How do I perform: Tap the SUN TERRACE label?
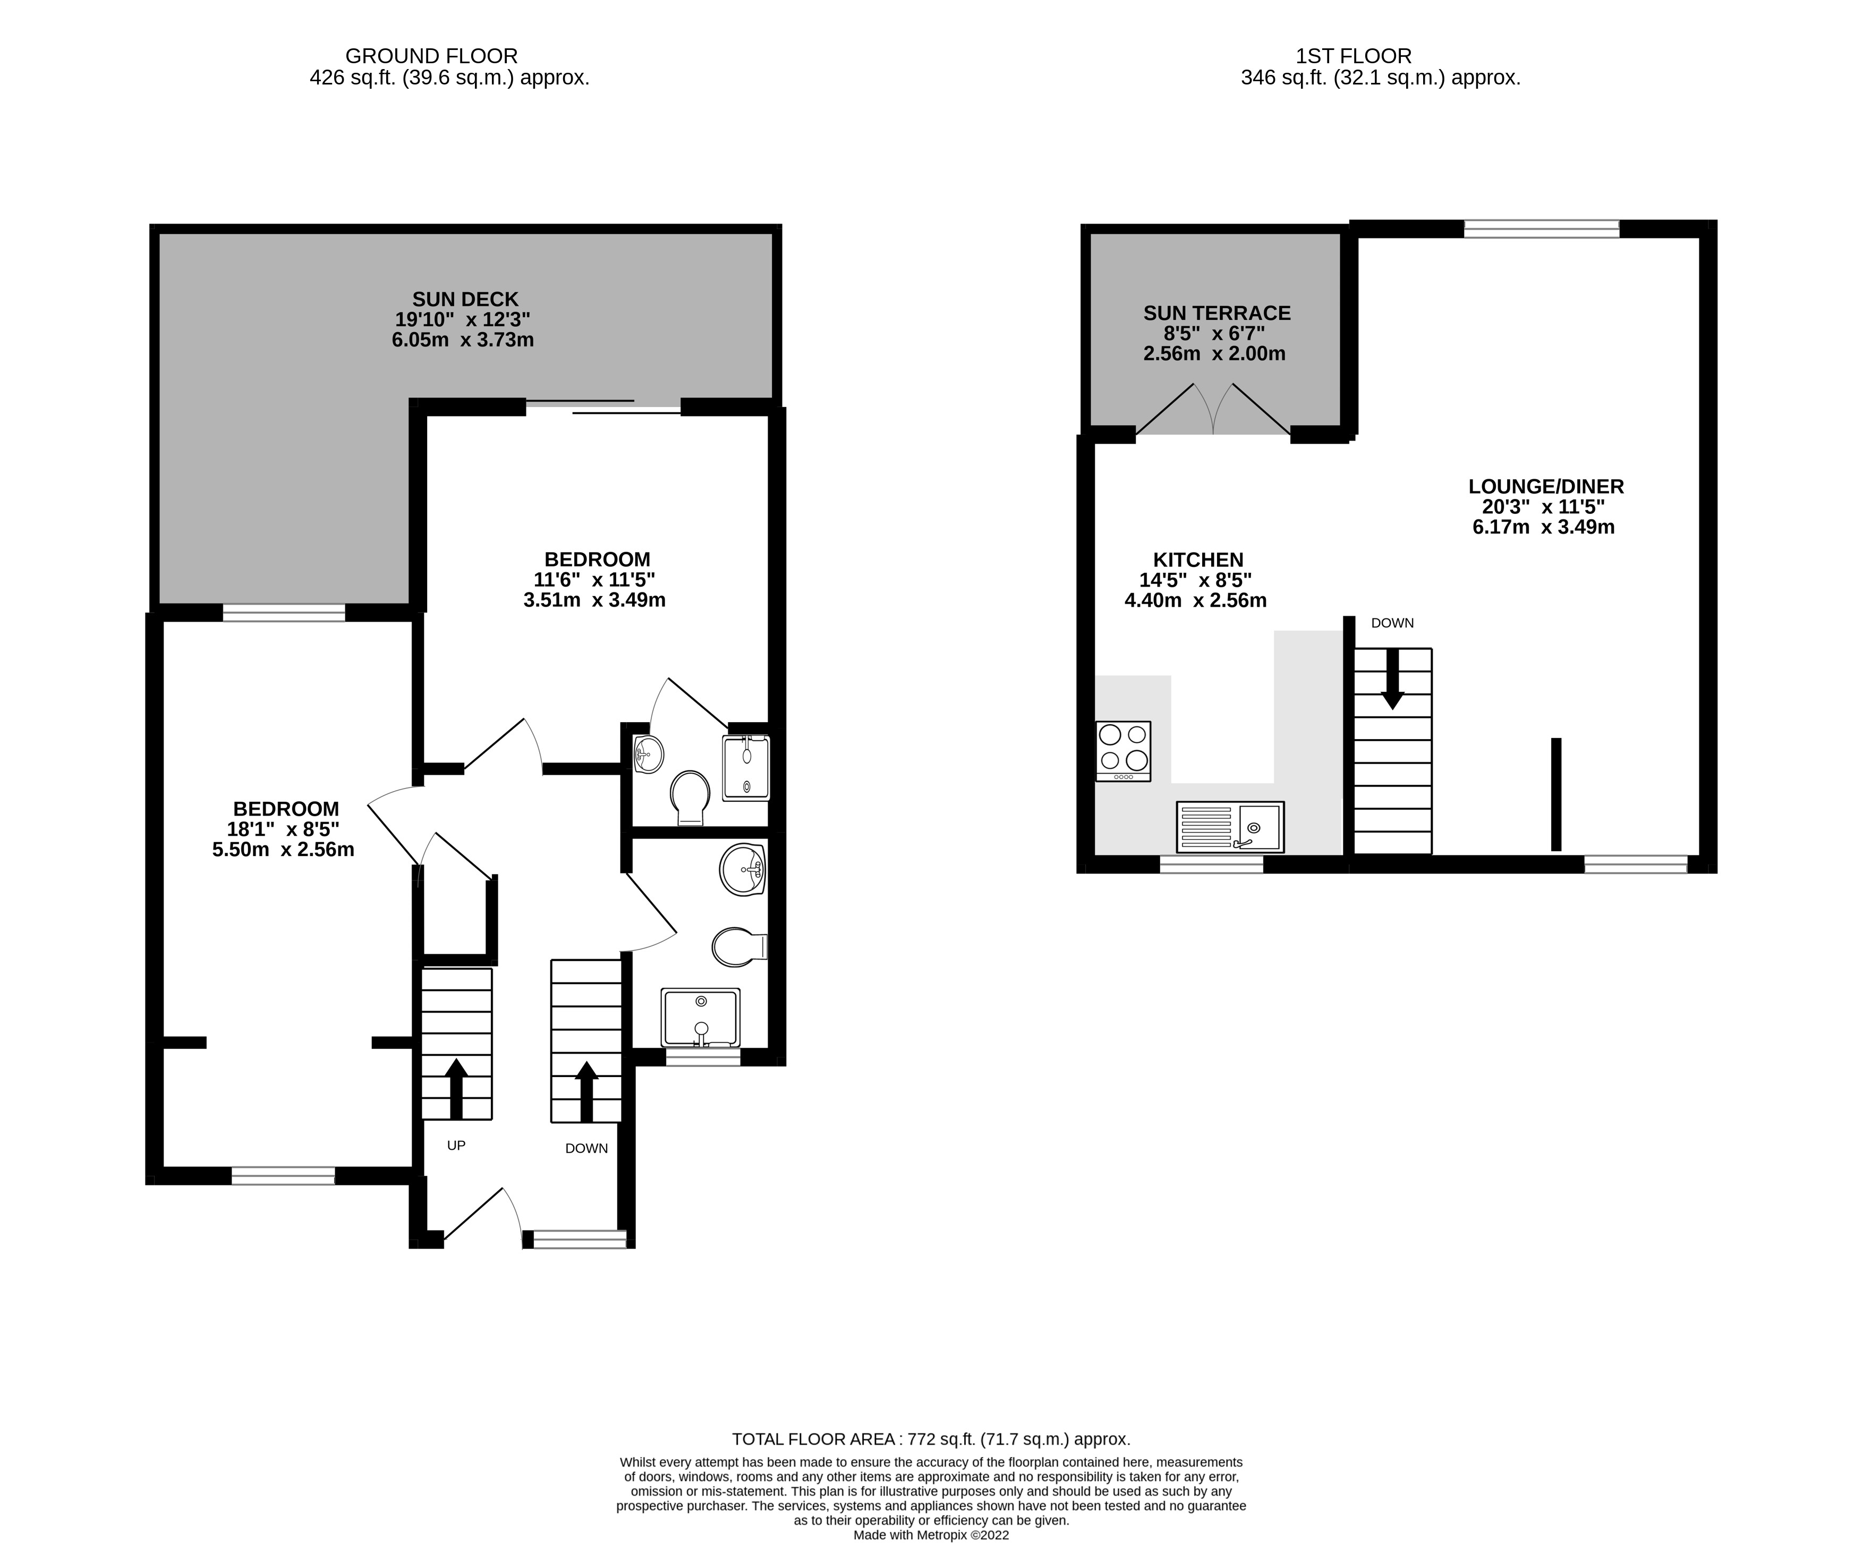click(x=1217, y=313)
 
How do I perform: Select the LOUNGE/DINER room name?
click(x=1545, y=486)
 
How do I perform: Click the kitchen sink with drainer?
click(x=1230, y=827)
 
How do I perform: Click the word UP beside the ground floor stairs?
click(x=456, y=1146)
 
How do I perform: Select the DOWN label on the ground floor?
click(x=586, y=1148)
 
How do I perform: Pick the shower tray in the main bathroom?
click(x=700, y=1018)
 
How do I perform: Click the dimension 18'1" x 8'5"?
click(x=283, y=829)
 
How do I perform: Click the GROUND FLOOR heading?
click(x=431, y=56)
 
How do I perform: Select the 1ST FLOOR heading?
click(x=1354, y=56)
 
